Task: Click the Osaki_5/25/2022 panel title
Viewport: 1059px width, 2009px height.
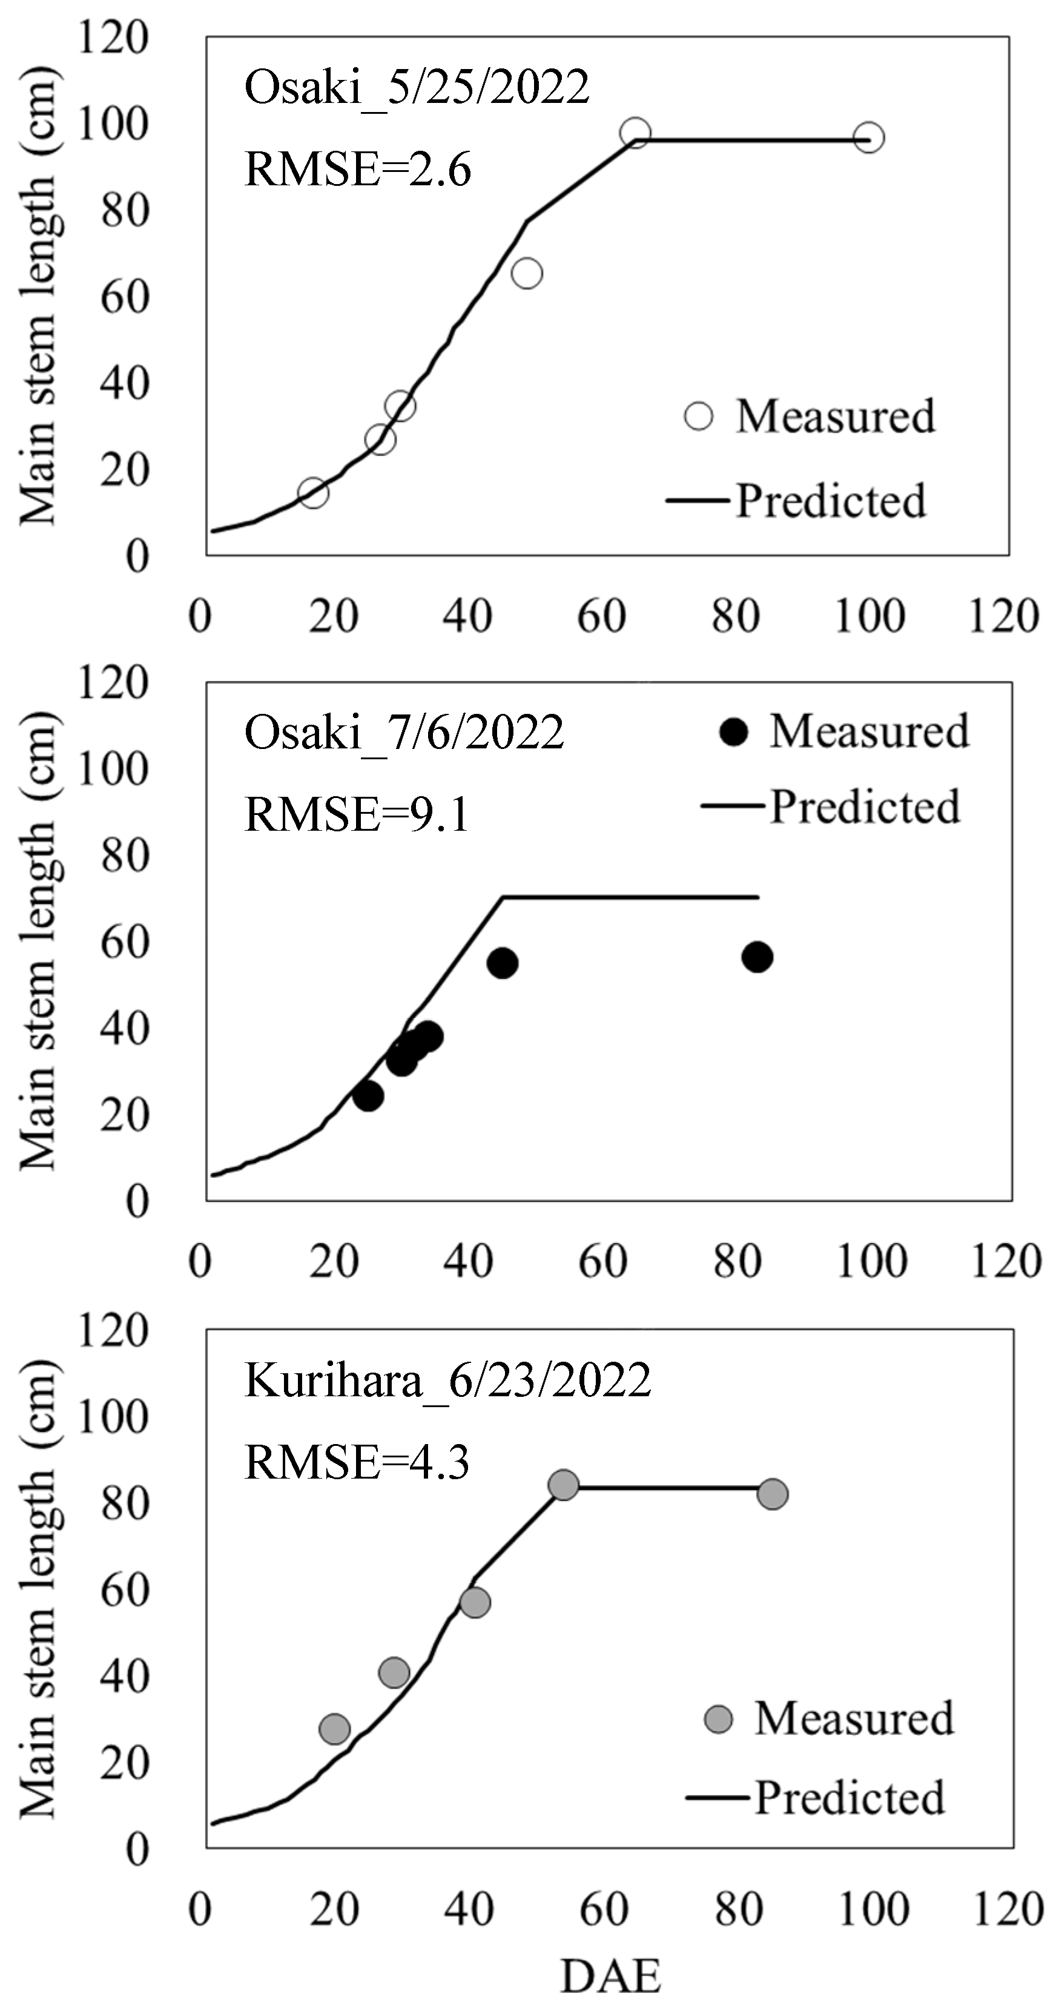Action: (417, 87)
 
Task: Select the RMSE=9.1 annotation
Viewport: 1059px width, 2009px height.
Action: (357, 815)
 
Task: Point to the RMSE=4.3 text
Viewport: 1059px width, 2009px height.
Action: (357, 1462)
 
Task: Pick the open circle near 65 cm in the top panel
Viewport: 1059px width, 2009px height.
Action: (527, 273)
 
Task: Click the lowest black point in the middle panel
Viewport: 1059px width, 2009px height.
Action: (368, 1097)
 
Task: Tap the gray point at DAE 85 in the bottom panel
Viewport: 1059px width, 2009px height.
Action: (772, 1494)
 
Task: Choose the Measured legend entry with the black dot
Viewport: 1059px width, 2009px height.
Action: (850, 731)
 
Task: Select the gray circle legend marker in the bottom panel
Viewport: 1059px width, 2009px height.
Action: (718, 1719)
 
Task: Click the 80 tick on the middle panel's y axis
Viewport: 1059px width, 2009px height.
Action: (125, 856)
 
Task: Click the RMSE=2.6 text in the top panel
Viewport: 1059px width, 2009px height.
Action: (357, 170)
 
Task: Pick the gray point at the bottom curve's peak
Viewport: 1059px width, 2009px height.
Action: (563, 1485)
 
